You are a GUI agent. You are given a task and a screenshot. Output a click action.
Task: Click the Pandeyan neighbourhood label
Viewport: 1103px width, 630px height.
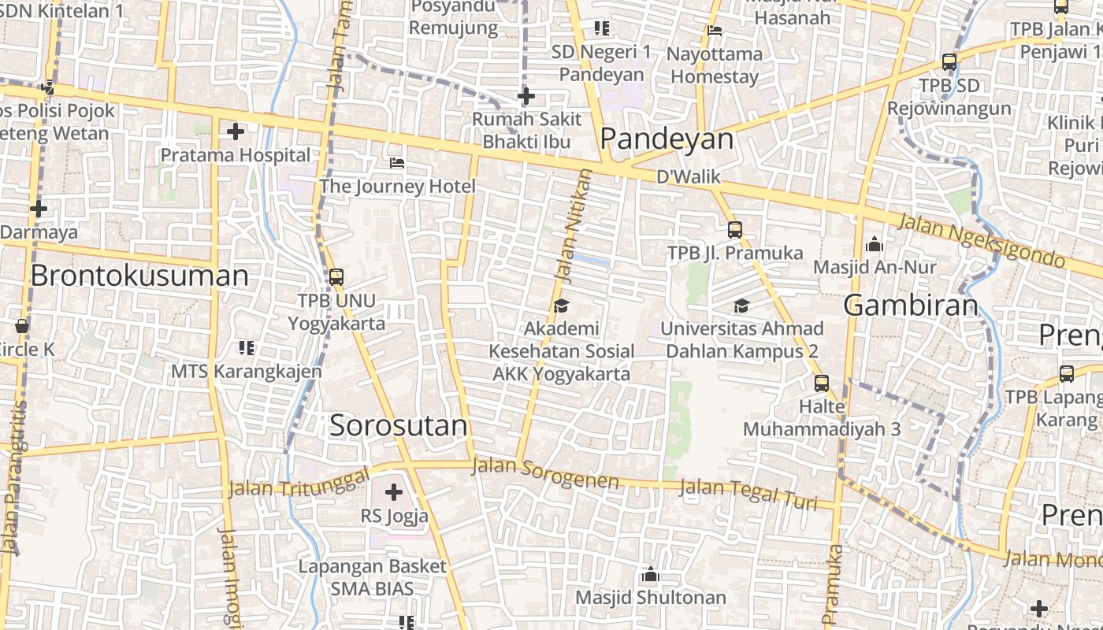(x=667, y=139)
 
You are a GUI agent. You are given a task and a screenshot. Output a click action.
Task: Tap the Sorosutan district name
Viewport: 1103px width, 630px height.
(x=399, y=425)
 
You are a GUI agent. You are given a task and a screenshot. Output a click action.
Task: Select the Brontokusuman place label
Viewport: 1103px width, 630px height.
(x=139, y=276)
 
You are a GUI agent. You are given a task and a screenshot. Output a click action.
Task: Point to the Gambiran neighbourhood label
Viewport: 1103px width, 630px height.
(x=911, y=305)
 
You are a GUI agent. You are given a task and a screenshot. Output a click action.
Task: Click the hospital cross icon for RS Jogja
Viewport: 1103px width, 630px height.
(x=394, y=493)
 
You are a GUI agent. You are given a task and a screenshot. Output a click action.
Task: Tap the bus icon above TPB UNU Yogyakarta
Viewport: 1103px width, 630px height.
(x=336, y=277)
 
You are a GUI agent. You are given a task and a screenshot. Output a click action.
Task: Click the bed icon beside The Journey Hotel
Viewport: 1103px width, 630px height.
(x=397, y=163)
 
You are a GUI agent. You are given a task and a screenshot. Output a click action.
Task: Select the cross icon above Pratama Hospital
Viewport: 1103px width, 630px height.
(x=235, y=132)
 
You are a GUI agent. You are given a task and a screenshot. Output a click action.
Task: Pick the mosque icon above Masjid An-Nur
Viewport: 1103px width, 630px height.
(x=874, y=245)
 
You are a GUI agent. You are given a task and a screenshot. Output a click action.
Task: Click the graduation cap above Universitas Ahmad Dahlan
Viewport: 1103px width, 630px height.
(x=741, y=306)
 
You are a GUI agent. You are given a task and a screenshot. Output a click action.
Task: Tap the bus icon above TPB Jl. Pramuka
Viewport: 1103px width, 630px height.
(x=735, y=230)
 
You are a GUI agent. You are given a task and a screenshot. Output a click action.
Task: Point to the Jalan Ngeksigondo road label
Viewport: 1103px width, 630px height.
(x=981, y=239)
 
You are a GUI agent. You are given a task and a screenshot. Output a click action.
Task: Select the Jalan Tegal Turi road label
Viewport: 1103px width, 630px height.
(x=748, y=494)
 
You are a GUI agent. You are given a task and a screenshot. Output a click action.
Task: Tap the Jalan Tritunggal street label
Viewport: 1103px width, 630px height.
(x=299, y=483)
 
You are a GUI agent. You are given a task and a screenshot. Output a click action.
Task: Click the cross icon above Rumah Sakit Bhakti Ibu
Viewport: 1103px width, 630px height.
(x=526, y=97)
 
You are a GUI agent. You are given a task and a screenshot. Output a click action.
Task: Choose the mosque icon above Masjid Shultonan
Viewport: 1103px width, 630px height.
(x=650, y=575)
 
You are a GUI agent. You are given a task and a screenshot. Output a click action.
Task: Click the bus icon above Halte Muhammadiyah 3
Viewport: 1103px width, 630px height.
(x=822, y=384)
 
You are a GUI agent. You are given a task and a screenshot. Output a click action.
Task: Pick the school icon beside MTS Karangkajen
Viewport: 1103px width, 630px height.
(x=247, y=347)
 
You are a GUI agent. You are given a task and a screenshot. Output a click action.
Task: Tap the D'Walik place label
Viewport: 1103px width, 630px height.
(x=689, y=176)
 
